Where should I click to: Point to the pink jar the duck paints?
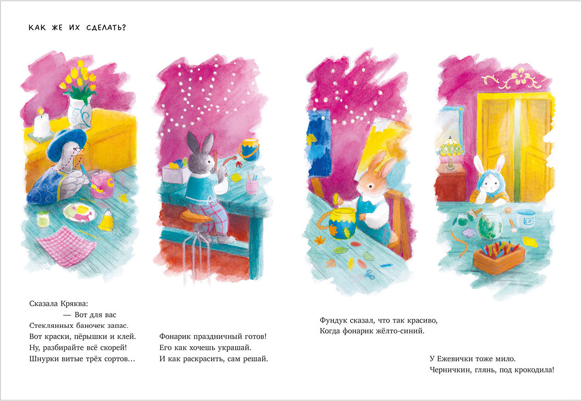pyautogui.click(x=102, y=185)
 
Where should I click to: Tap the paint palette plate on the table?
pyautogui.click(x=79, y=212)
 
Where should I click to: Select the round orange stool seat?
pyautogui.click(x=196, y=216)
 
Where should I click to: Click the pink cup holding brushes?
pyautogui.click(x=251, y=186)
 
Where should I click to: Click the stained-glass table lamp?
pyautogui.click(x=451, y=153)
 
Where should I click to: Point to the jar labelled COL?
pyautogui.click(x=526, y=219)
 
